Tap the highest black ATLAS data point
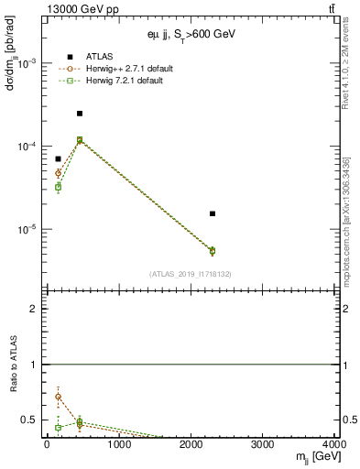click(80, 114)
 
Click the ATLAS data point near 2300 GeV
click(213, 213)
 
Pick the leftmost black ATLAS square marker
click(58, 158)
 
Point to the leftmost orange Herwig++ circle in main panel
click(58, 173)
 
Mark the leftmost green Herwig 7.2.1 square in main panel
click(58, 187)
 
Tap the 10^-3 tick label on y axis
click(27, 63)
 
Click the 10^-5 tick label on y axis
click(27, 230)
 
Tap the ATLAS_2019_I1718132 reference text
click(191, 274)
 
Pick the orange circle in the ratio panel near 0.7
click(58, 398)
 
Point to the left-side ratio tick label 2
click(33, 309)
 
